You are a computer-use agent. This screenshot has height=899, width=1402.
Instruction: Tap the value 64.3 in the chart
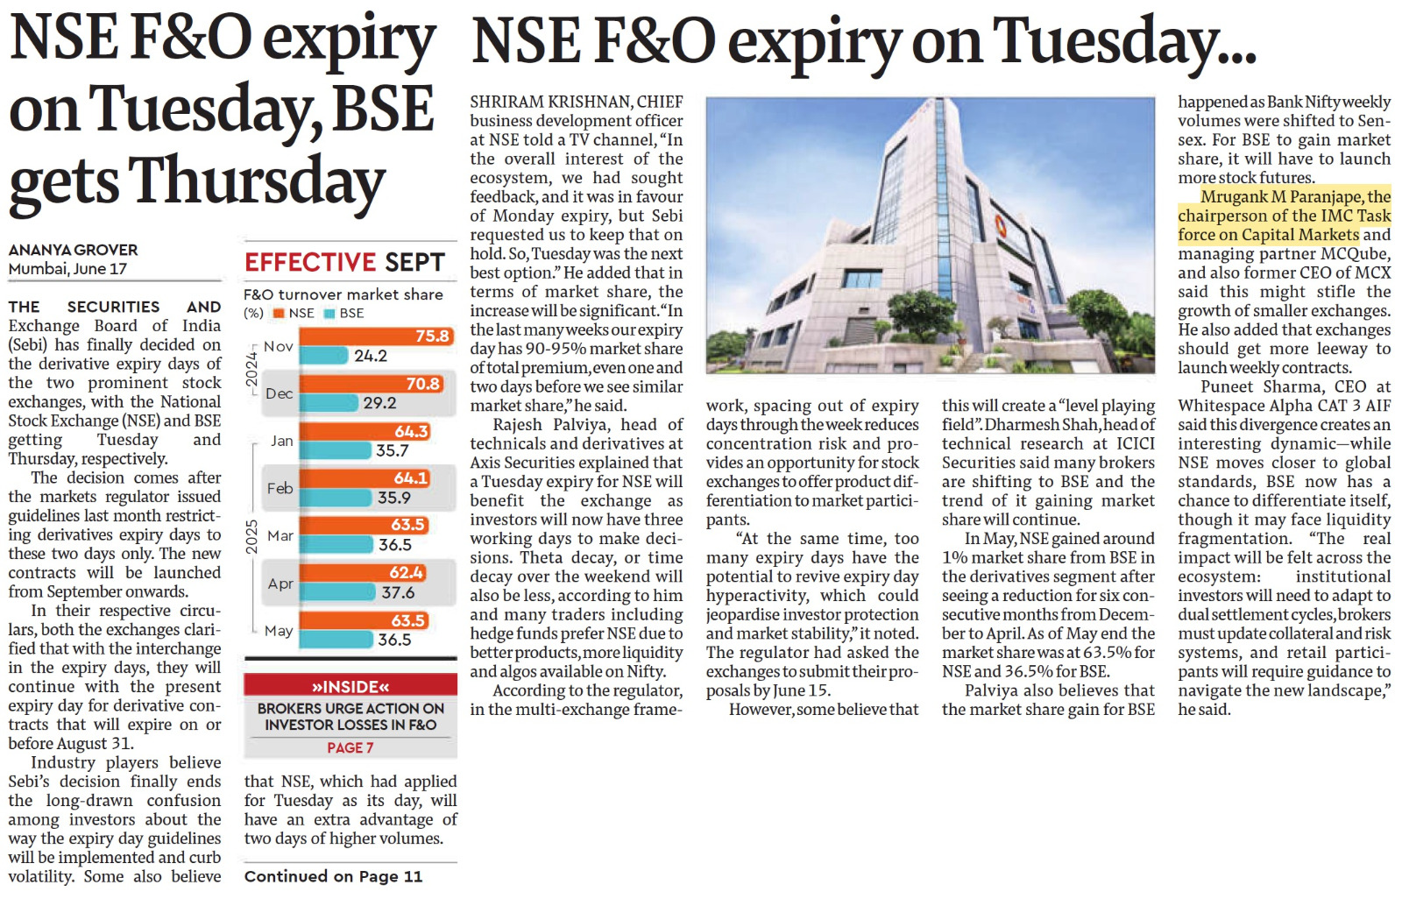point(411,431)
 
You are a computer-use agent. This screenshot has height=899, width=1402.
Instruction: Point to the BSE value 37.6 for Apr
point(398,592)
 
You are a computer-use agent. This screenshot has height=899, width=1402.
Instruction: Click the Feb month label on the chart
point(280,488)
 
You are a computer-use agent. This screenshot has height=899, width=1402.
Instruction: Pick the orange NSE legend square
point(279,313)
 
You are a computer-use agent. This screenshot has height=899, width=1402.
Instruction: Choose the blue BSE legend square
point(329,313)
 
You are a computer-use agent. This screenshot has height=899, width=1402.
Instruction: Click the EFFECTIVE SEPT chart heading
point(344,262)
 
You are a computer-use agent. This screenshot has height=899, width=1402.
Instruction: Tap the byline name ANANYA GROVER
point(73,250)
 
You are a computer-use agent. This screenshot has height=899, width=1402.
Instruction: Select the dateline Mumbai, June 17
point(67,269)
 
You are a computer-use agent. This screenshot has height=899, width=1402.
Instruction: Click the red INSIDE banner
point(350,686)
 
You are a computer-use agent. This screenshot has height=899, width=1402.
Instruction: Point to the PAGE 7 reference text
point(350,747)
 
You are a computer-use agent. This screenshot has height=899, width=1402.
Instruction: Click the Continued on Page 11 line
point(333,876)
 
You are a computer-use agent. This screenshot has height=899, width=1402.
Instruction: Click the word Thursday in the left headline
point(258,180)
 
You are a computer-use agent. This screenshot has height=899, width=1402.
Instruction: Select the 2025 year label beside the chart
point(251,536)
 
